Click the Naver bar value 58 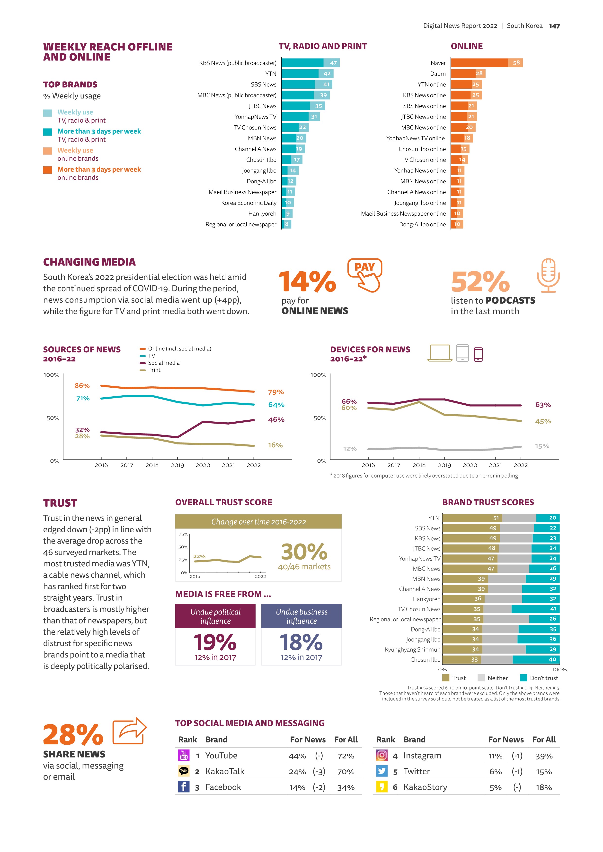pos(516,63)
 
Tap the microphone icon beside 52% pos(548,275)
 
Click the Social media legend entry pos(163,363)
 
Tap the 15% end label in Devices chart pos(542,446)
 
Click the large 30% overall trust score pos(304,552)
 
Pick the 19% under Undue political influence pos(215,643)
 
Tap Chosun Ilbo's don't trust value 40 pos(552,659)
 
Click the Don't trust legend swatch pos(523,678)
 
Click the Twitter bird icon pos(381,771)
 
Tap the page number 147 pos(554,26)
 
